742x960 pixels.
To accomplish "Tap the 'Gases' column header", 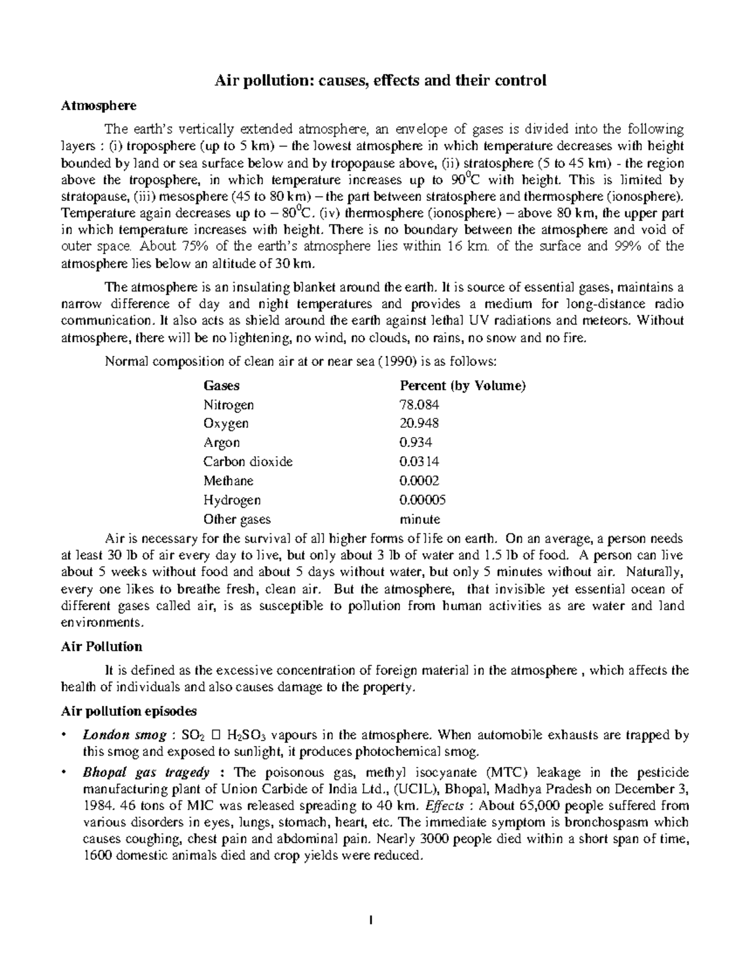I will click(221, 386).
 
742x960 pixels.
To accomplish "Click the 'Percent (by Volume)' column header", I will click(463, 386).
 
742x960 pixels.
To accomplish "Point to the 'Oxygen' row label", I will click(226, 423).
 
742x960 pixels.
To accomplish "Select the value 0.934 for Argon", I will click(416, 443).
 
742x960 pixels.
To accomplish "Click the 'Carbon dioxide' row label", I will click(248, 462).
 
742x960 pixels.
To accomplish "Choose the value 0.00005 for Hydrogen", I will click(423, 499).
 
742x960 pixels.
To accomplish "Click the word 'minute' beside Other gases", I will click(420, 519).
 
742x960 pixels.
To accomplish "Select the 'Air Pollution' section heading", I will click(101, 647).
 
